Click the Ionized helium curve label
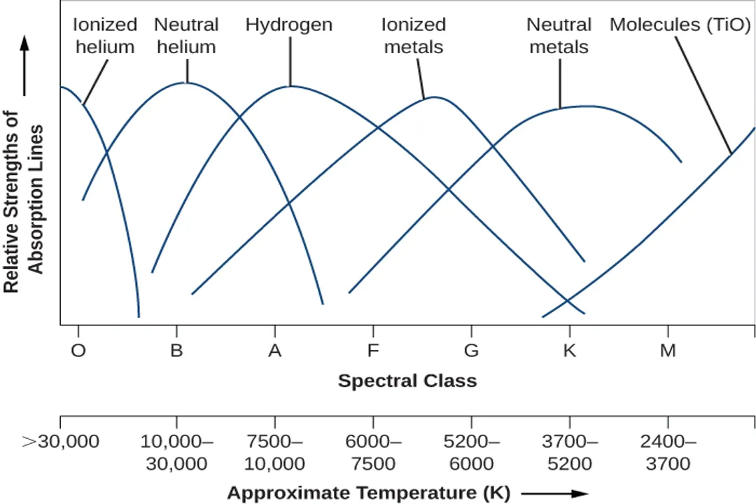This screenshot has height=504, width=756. click(x=105, y=36)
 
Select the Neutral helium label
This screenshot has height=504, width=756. click(x=186, y=36)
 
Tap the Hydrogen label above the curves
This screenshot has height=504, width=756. click(x=288, y=25)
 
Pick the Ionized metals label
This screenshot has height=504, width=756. click(x=413, y=36)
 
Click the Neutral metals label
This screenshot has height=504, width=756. click(x=559, y=36)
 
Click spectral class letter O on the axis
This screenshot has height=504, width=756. click(x=78, y=350)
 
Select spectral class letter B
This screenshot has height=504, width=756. click(x=176, y=350)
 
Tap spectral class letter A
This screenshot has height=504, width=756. click(x=275, y=350)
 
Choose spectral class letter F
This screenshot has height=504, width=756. click(x=373, y=350)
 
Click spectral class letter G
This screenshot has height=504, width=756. click(x=471, y=350)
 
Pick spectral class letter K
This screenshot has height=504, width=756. click(x=570, y=350)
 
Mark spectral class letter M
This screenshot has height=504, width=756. click(x=668, y=350)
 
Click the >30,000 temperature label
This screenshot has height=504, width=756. click(x=62, y=442)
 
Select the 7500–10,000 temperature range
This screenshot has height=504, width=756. click(x=275, y=452)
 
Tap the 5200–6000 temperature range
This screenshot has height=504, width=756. click(x=471, y=452)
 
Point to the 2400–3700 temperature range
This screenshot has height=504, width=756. click(x=668, y=452)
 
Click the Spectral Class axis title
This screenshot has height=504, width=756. click(x=407, y=381)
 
